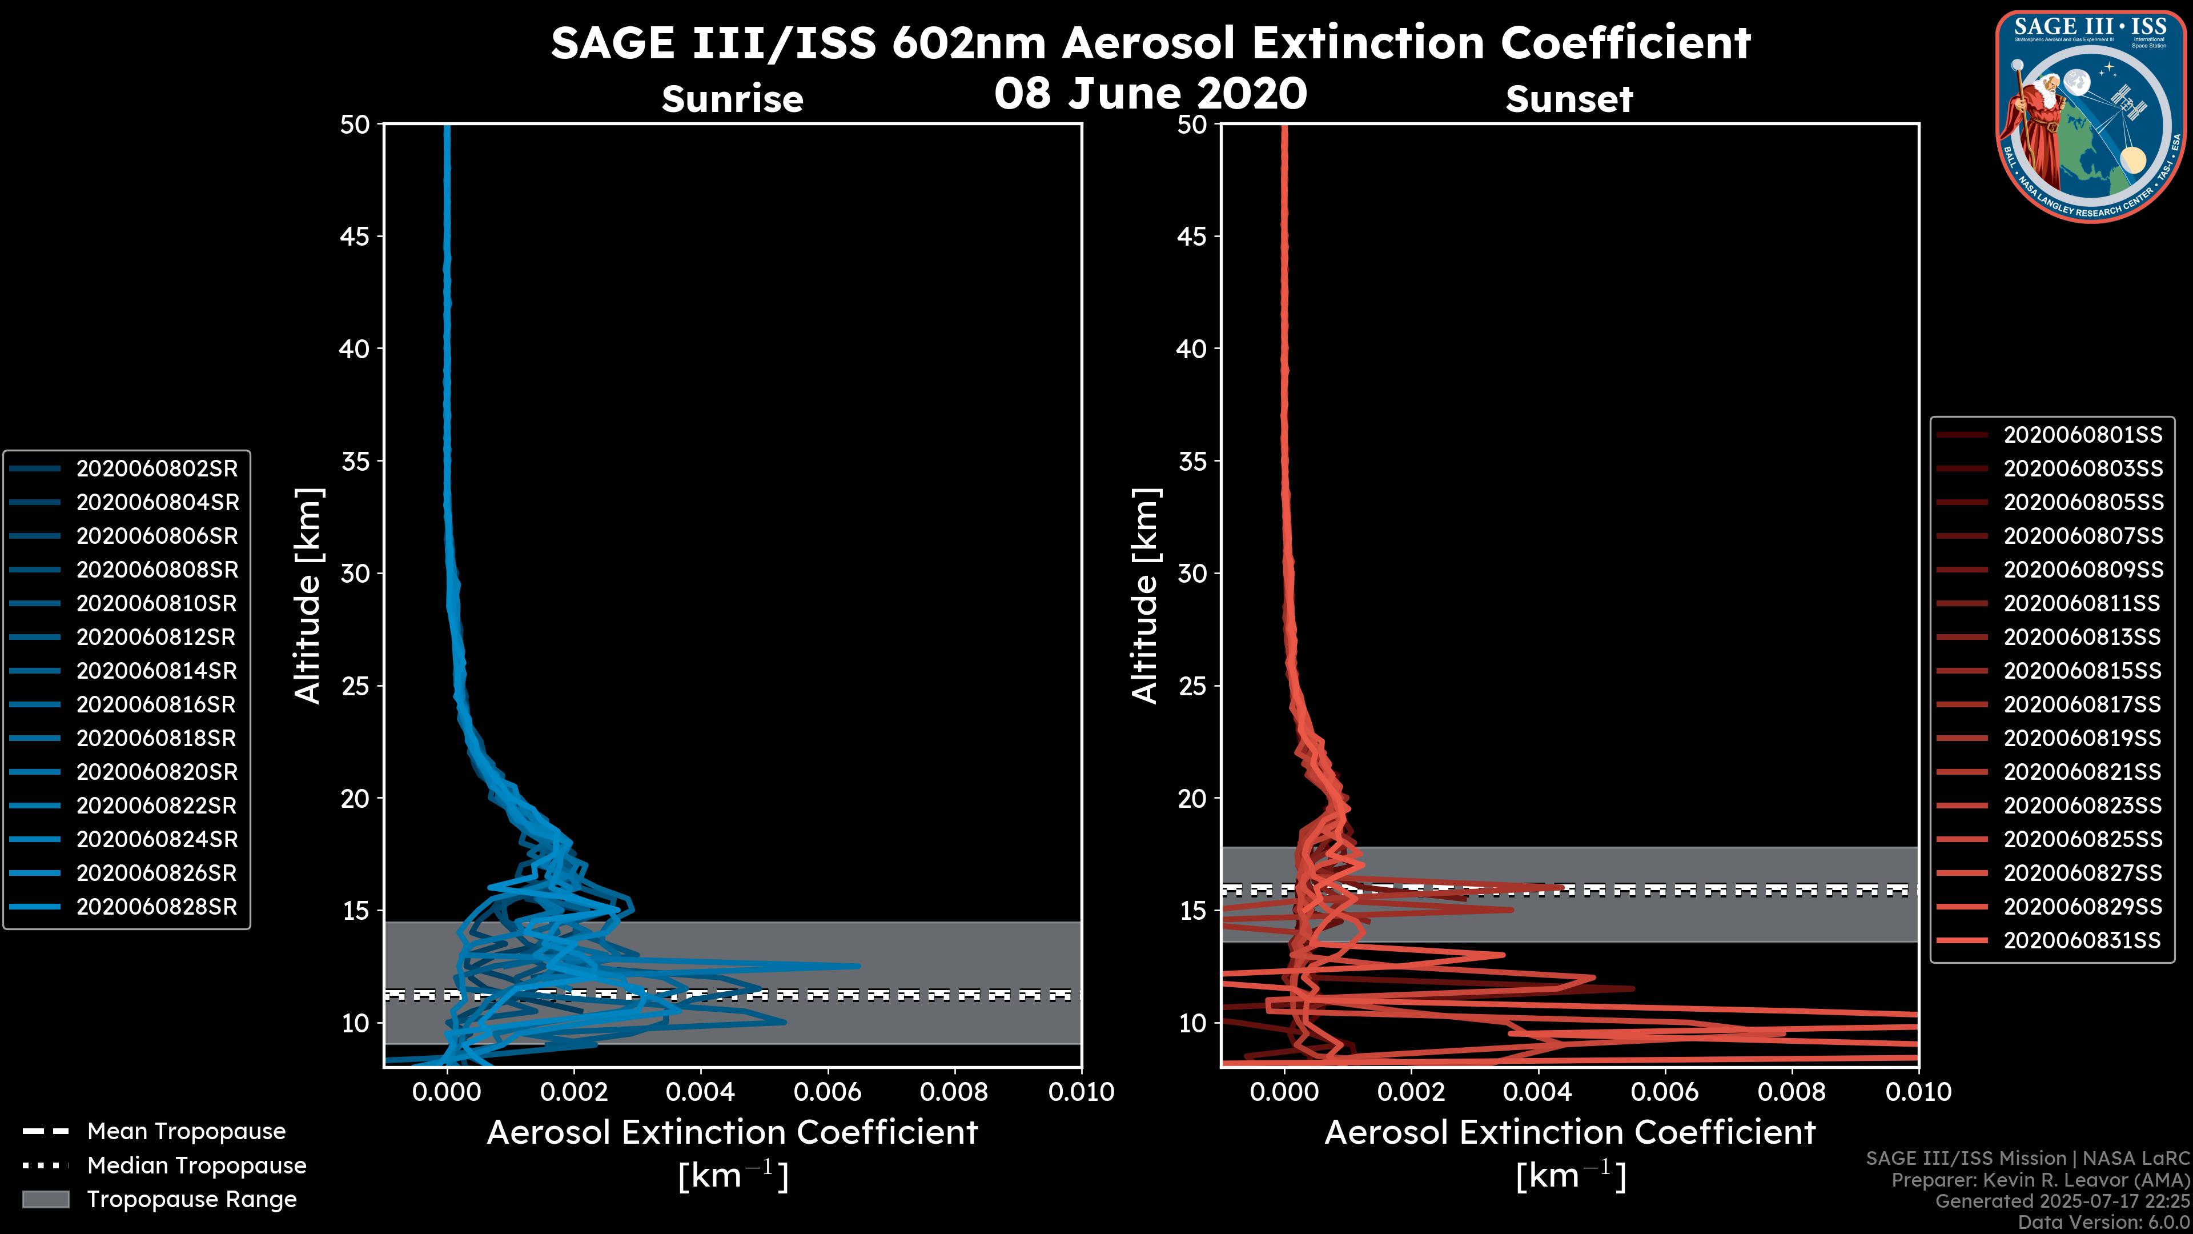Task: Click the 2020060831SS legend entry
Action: tap(2082, 940)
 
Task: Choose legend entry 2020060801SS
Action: tap(2082, 435)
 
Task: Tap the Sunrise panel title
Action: tap(732, 99)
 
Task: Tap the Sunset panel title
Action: tap(1569, 99)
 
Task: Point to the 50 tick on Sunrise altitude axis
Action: tap(355, 125)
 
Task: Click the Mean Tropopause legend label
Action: tap(186, 1131)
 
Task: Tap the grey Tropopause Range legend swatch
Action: tap(46, 1199)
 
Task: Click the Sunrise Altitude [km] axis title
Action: tap(307, 595)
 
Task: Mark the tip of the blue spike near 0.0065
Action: tap(859, 965)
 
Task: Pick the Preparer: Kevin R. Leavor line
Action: tap(2041, 1180)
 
